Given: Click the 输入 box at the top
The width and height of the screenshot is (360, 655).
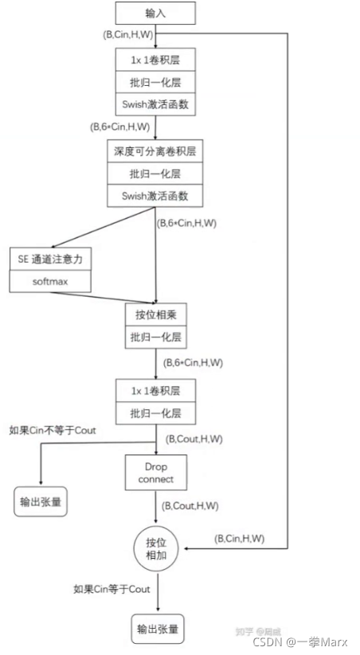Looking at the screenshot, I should click(155, 13).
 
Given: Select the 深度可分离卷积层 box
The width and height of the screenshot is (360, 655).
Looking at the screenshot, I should click(155, 150).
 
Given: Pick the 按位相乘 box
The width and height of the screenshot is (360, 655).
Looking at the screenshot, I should click(155, 314).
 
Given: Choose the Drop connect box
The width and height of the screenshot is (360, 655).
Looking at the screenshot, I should click(155, 471).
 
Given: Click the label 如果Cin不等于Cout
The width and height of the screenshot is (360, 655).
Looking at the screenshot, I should click(53, 430).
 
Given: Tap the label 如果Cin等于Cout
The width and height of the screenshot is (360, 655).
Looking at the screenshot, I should click(112, 589).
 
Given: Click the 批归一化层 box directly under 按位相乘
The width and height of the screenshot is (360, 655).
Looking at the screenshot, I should click(155, 337).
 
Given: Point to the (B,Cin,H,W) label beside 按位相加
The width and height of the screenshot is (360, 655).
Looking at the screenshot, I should click(239, 539).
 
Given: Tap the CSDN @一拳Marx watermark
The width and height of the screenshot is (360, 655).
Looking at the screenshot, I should click(300, 641).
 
